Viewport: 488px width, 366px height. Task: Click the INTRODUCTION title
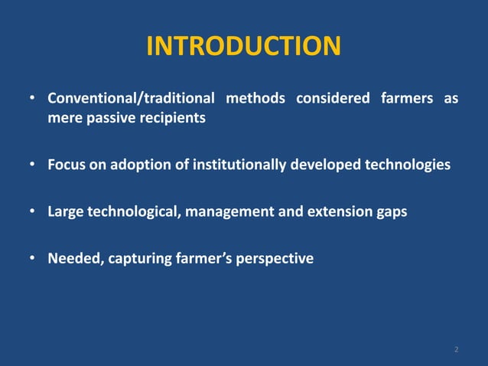[243, 47]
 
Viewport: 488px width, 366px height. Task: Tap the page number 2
[456, 350]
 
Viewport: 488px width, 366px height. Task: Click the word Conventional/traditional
[131, 100]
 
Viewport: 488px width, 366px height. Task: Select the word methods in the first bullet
[255, 100]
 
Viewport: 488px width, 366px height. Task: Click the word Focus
[67, 165]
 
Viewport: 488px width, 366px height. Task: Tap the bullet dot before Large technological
[32, 212]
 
